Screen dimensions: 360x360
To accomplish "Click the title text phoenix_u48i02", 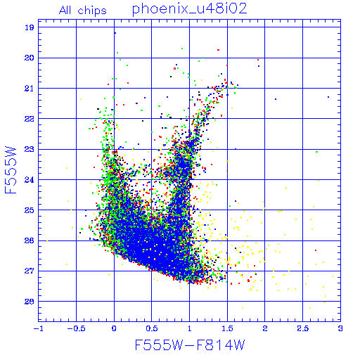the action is click(x=190, y=9).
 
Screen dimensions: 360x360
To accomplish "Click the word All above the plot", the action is click(x=65, y=11).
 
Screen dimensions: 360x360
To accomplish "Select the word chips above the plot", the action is click(x=92, y=11).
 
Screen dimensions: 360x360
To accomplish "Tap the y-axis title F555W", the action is click(x=11, y=170).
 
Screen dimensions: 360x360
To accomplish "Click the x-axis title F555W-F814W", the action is click(x=190, y=345).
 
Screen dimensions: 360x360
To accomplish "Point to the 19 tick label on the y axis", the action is click(x=30, y=27).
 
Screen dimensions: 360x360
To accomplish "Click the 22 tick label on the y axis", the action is click(x=30, y=119).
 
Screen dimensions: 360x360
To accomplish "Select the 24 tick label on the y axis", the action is click(x=30, y=180).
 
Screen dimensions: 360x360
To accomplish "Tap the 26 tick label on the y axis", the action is click(x=30, y=240).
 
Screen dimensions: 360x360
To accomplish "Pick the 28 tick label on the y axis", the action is click(x=30, y=302).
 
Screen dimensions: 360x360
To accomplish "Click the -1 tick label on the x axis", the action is click(x=39, y=328).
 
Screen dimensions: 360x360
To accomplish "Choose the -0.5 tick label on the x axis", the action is click(x=77, y=328).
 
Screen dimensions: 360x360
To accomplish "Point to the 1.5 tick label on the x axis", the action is click(x=227, y=328).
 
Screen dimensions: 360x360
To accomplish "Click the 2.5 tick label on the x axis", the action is click(x=303, y=328).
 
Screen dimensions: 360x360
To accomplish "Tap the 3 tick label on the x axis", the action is click(x=340, y=328).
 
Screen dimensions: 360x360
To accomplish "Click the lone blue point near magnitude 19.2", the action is click(x=115, y=33).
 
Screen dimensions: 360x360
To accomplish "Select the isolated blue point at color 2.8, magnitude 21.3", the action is click(x=328, y=97).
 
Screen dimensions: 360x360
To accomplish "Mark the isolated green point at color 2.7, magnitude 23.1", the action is click(x=317, y=152).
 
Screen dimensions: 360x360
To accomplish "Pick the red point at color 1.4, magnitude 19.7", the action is click(x=219, y=50).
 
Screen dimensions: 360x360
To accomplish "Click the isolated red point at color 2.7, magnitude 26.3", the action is click(x=316, y=250).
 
